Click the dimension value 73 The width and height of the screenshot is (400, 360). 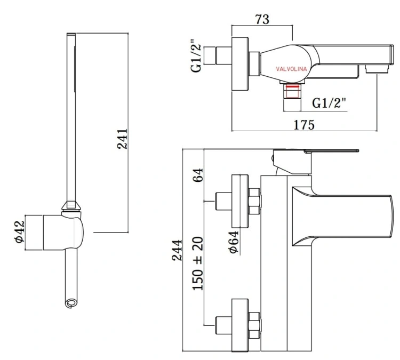point(261,19)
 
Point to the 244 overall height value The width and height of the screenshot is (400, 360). point(177,250)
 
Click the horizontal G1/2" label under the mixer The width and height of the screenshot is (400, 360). point(330,101)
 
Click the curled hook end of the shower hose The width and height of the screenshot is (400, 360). point(70,303)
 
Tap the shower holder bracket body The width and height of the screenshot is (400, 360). point(63,233)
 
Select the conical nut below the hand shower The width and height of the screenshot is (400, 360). point(71,207)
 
